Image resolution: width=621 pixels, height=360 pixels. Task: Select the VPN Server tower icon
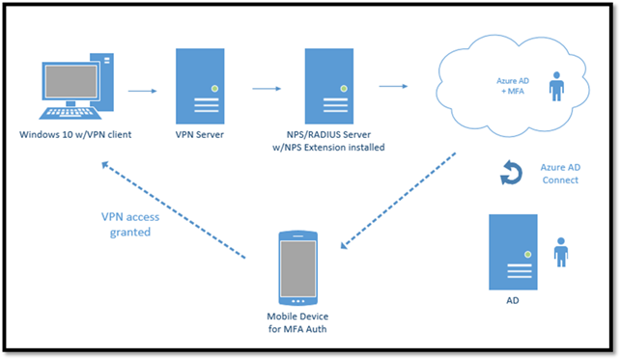tap(201, 86)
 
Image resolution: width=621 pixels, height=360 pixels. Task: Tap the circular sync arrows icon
tap(509, 174)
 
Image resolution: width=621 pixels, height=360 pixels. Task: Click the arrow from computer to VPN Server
tap(143, 92)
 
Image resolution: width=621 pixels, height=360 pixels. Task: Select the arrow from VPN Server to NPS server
tap(266, 89)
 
